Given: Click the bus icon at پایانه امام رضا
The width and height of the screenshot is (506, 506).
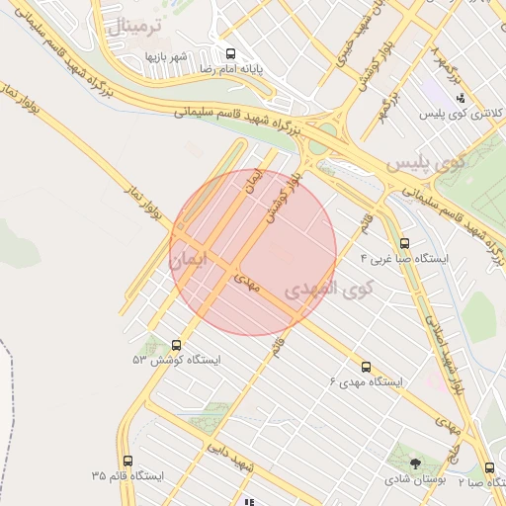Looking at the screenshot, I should [x=231, y=53].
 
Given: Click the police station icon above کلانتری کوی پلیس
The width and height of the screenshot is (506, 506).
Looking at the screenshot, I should [x=462, y=99].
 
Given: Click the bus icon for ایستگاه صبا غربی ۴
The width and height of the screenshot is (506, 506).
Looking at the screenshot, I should [x=404, y=242].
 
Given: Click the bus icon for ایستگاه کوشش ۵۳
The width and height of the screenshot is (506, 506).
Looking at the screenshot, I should [x=177, y=345].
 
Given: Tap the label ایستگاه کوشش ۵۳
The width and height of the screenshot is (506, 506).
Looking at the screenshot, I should [x=177, y=361].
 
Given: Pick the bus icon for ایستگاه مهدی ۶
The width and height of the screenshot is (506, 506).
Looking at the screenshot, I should [x=367, y=367].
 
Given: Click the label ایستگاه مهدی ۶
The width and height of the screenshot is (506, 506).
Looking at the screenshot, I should [x=365, y=382].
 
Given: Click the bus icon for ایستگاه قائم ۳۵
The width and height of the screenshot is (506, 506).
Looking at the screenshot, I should [x=127, y=461].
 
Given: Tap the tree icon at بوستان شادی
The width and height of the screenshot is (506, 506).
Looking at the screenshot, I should [x=414, y=462].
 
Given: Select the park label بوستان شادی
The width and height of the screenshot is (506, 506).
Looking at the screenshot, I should [x=415, y=478].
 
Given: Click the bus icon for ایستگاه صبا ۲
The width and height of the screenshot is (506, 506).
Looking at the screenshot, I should [x=490, y=467].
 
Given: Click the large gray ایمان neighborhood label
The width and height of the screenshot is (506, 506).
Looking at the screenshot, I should [x=193, y=260].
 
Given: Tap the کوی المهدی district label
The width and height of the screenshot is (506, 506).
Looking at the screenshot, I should [x=328, y=290].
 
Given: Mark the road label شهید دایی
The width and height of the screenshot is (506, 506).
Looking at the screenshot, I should [x=230, y=458].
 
